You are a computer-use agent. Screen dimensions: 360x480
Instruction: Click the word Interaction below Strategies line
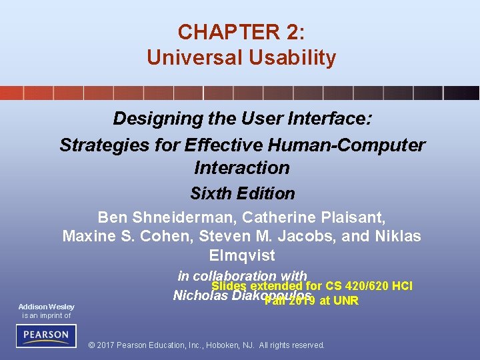coord(241,167)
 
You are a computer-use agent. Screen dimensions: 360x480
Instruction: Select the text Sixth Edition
coord(242,194)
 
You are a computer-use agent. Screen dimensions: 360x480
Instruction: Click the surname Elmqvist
coord(241,255)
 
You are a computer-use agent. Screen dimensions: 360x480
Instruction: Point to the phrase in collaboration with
coord(242,275)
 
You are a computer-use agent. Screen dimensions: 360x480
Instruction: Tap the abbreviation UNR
coord(346,301)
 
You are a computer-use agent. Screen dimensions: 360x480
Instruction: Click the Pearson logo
coord(46,335)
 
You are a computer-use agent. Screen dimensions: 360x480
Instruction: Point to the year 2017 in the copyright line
coord(109,345)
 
